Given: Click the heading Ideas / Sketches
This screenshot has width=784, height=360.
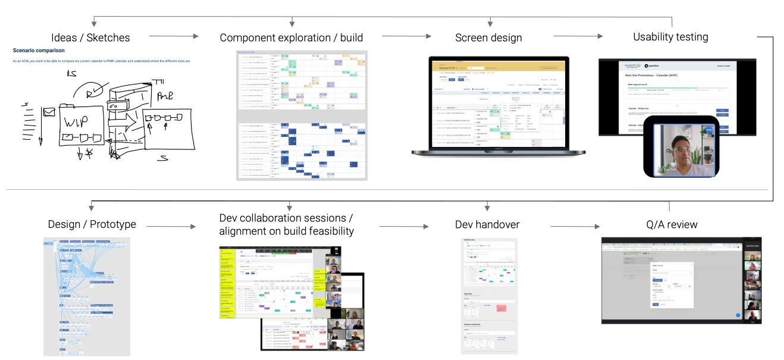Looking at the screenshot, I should pyautogui.click(x=90, y=37).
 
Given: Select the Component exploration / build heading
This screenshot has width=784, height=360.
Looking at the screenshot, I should pyautogui.click(x=291, y=37).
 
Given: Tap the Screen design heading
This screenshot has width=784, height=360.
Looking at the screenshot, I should pyautogui.click(x=488, y=37).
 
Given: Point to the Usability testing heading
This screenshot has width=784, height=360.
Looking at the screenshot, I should pyautogui.click(x=670, y=37).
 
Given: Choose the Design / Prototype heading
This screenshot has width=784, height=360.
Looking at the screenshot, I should pyautogui.click(x=92, y=224).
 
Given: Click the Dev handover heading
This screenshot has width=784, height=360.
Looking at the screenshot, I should pyautogui.click(x=487, y=225).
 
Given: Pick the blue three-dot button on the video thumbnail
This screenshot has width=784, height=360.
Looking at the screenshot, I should pyautogui.click(x=709, y=130).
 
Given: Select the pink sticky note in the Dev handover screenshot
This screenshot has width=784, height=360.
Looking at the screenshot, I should pyautogui.click(x=501, y=309).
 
